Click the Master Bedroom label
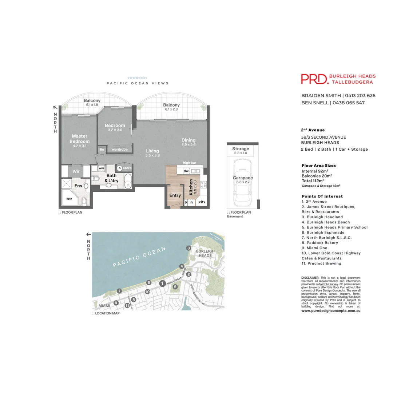[79, 139]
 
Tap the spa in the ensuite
[69, 199]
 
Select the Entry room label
[175, 195]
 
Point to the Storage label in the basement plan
[241, 149]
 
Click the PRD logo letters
[314, 79]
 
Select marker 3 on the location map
[188, 248]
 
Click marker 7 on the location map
[119, 291]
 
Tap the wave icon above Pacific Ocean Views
[137, 78]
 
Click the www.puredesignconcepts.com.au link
[331, 311]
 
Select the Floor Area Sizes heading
[319, 166]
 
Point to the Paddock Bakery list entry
[320, 243]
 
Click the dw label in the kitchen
[186, 171]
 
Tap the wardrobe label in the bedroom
[119, 149]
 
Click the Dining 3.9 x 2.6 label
[188, 142]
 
